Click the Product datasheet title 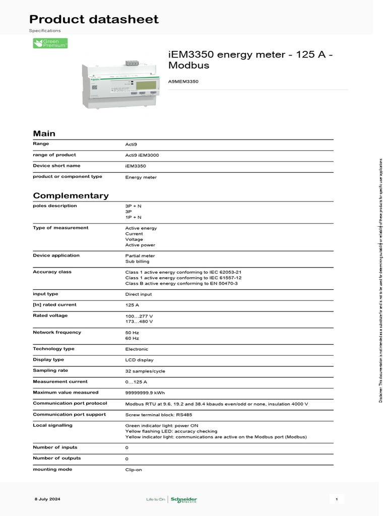[x=94, y=19]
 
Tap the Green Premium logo [x=50, y=43]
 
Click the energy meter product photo [x=120, y=84]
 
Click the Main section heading [x=44, y=134]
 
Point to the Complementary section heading [x=71, y=196]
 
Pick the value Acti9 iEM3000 [x=142, y=155]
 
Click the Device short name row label [x=56, y=166]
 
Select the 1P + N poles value [x=133, y=217]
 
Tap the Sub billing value [x=137, y=262]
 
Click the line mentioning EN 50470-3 [x=181, y=284]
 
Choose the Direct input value [x=138, y=294]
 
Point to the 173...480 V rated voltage [x=139, y=321]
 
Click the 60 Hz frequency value [x=132, y=338]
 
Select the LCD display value [x=139, y=360]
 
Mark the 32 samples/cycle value [x=145, y=371]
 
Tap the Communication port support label [x=70, y=415]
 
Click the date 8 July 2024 [x=47, y=499]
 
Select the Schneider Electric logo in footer [x=184, y=499]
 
